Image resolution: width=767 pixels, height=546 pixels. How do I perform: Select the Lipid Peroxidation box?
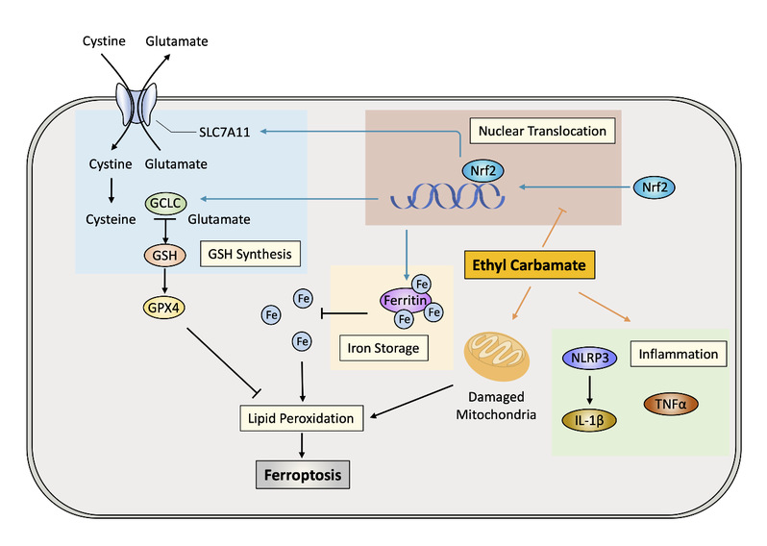coord(300,419)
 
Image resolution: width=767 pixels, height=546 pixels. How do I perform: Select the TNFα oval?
coord(676,405)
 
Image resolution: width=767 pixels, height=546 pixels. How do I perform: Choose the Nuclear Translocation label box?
coord(542,130)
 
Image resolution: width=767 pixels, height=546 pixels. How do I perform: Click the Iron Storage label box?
coord(384,347)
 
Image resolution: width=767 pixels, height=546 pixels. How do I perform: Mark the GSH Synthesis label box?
coord(249,255)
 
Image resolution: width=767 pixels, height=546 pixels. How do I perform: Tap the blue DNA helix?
coord(448,196)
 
